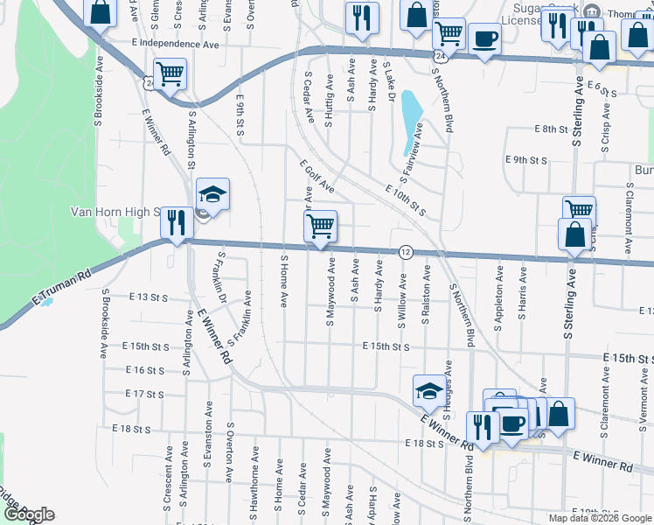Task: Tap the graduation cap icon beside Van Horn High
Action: pyautogui.click(x=212, y=194)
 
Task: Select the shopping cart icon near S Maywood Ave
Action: pyautogui.click(x=320, y=226)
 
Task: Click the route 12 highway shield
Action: pyautogui.click(x=406, y=251)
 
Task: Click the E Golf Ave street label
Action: pyautogui.click(x=317, y=176)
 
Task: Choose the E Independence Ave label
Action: pyautogui.click(x=175, y=43)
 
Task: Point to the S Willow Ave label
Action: pyautogui.click(x=402, y=300)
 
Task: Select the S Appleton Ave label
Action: pyautogui.click(x=498, y=300)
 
